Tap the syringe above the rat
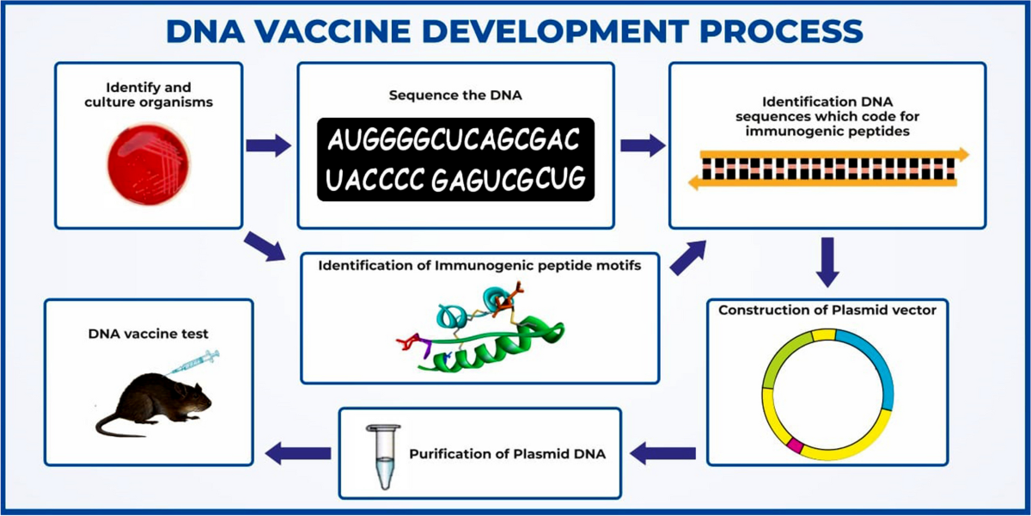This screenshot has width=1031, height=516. (x=194, y=361)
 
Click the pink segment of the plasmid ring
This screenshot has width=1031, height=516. (x=796, y=445)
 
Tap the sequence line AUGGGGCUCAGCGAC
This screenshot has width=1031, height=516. (x=454, y=140)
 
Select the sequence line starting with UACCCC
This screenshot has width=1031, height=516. (x=456, y=179)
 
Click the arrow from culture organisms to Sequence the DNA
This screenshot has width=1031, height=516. (x=268, y=145)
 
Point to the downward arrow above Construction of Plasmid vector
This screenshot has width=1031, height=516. (x=827, y=263)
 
